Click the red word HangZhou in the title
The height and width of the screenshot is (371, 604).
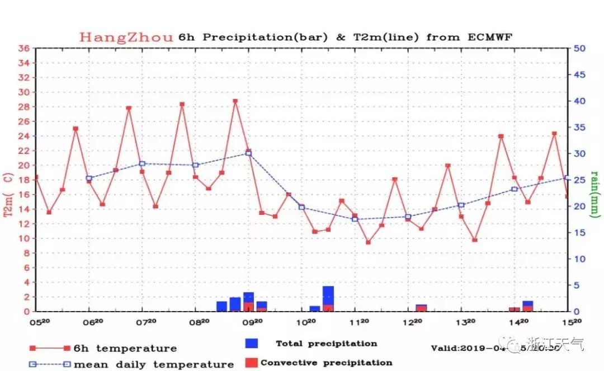[126, 37]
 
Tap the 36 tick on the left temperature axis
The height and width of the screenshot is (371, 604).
[23, 48]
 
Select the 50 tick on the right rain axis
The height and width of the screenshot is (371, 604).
[580, 48]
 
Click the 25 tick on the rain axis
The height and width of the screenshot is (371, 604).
[580, 180]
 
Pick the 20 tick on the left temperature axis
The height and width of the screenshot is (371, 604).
[23, 165]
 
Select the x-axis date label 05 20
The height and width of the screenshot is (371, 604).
[38, 322]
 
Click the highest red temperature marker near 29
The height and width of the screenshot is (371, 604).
[235, 101]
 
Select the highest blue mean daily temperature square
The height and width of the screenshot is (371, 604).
[248, 153]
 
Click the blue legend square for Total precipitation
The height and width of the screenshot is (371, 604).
[252, 343]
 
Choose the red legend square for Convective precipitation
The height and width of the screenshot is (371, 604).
[252, 362]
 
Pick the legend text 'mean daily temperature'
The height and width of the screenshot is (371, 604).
[153, 364]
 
